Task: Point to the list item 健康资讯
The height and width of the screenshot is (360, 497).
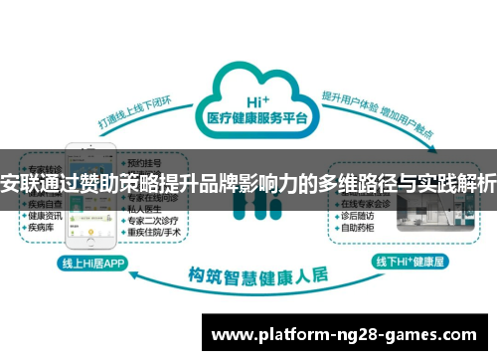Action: (x=44, y=215)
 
